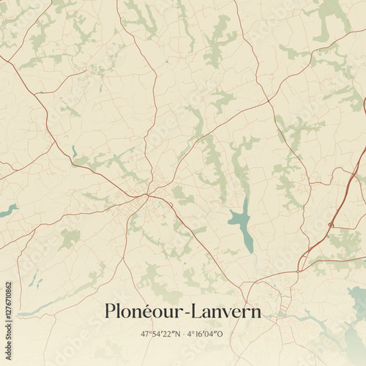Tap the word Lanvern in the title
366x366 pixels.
click(228, 311)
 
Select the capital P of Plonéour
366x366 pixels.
click(111, 311)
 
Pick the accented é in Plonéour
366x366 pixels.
click(158, 311)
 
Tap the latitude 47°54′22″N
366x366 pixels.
click(160, 334)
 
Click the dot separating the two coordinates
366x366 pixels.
click(182, 334)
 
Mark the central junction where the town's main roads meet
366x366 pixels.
click(148, 195)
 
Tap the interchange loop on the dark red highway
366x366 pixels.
click(332, 223)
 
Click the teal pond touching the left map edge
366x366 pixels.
click(7, 211)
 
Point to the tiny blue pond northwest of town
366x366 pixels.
click(74, 152)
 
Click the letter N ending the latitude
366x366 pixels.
click(176, 334)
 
